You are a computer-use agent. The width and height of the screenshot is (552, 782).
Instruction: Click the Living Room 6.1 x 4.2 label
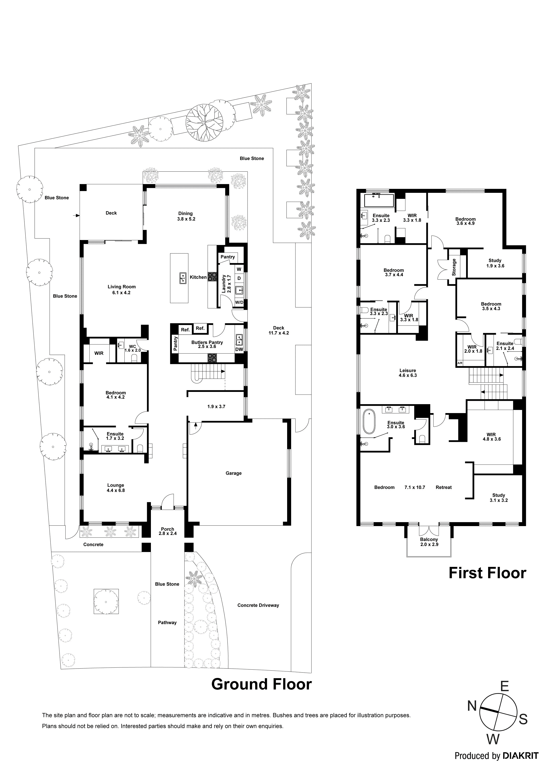point(122,290)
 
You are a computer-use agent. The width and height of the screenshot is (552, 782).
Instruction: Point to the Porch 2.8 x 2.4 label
point(167,531)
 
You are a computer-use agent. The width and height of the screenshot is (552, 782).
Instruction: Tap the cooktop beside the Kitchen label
point(213,277)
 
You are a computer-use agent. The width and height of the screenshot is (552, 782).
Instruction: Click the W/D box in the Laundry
point(239,302)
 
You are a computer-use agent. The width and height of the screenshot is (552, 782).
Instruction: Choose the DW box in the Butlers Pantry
point(239,350)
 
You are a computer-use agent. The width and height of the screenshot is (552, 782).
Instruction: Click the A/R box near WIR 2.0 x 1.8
point(460,363)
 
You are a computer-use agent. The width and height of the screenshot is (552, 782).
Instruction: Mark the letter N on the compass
point(471,706)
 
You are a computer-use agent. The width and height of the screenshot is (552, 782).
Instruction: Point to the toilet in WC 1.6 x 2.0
point(134,358)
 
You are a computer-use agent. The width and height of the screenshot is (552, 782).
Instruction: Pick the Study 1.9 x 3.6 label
point(495,263)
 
